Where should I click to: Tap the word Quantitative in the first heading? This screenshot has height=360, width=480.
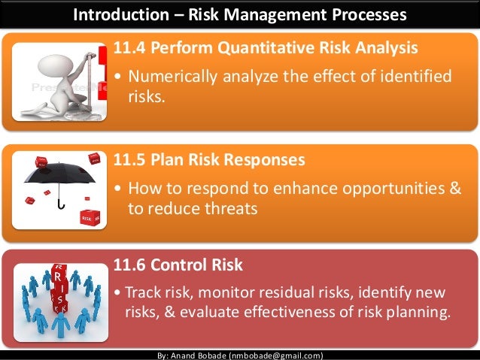point(264,50)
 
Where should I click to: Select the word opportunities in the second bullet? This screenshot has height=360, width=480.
point(384,188)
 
